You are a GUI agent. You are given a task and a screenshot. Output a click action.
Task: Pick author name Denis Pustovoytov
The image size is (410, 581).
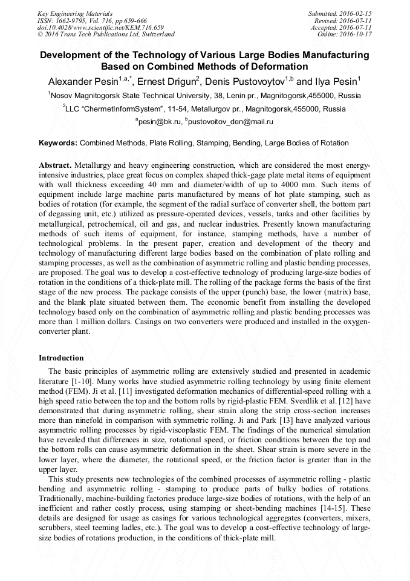(x=250, y=81)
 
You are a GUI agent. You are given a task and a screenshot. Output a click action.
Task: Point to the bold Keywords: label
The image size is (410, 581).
(x=58, y=143)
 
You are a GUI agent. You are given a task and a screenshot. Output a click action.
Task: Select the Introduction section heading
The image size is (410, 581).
(x=61, y=358)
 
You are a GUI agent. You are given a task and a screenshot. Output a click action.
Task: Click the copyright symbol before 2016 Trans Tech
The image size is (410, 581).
(x=40, y=35)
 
